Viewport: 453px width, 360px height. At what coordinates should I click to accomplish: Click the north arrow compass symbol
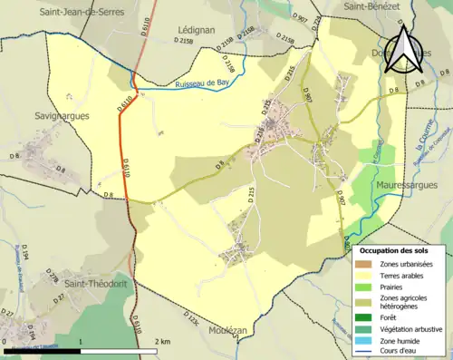pyautogui.click(x=404, y=51)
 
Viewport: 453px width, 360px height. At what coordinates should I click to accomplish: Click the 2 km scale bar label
pyautogui.click(x=163, y=341)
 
